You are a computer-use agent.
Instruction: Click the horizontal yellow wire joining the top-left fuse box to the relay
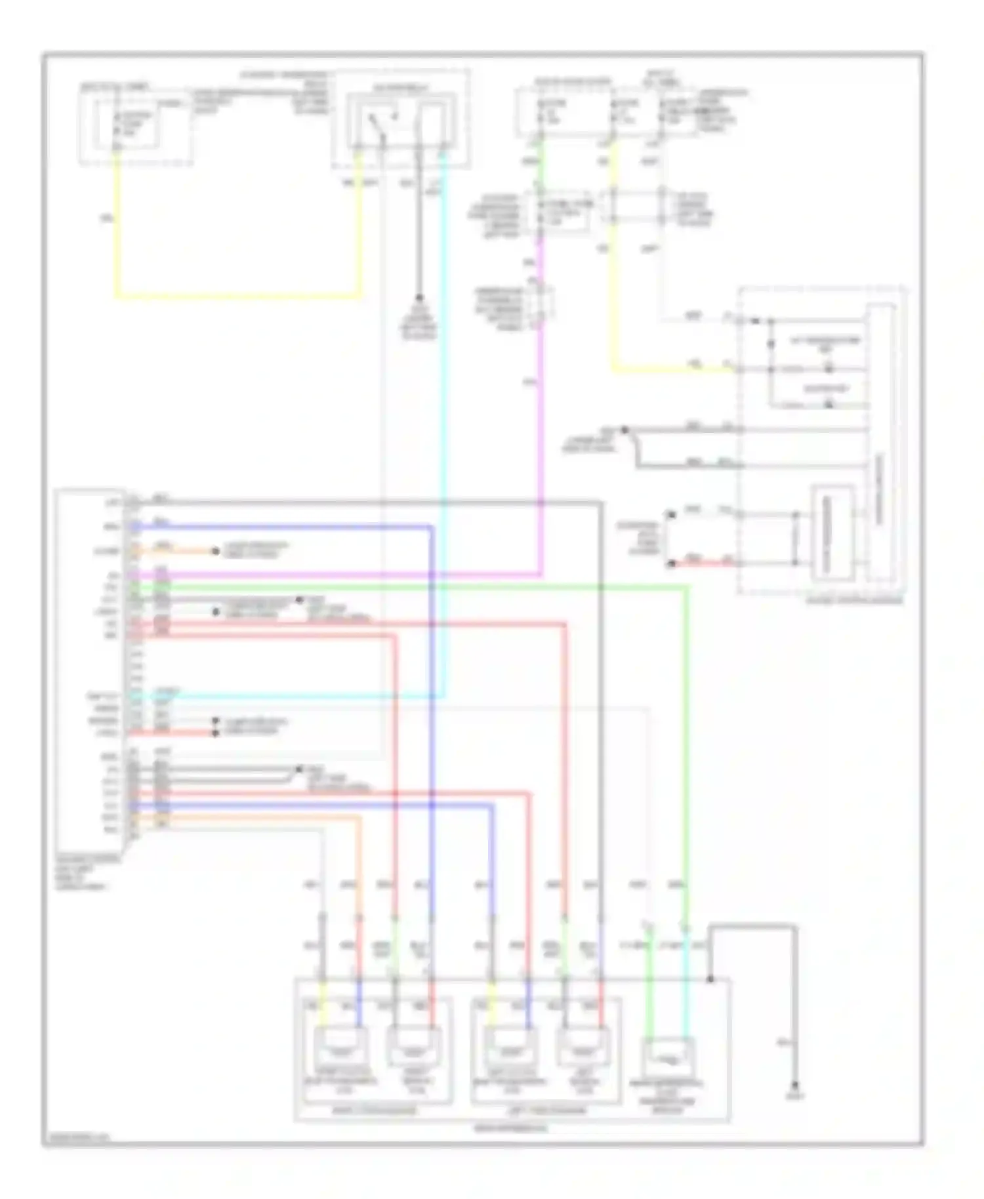236,297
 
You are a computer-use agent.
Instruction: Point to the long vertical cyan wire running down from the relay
444,426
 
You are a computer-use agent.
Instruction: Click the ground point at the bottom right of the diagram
796,1086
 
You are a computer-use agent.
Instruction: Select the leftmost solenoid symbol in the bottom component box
341,1048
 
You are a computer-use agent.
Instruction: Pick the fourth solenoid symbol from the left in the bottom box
583,1048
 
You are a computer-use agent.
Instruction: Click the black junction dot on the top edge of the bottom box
710,980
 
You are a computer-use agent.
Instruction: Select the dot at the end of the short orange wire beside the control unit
215,552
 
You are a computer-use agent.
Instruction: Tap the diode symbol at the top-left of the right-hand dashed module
754,321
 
